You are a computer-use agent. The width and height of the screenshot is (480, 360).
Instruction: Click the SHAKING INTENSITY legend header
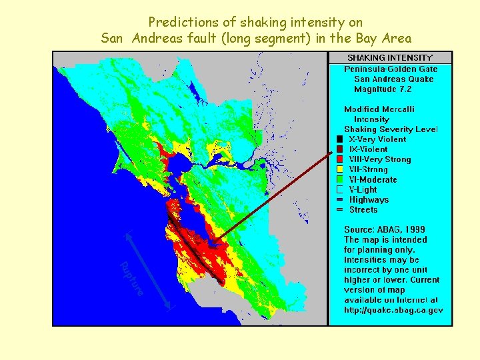390,58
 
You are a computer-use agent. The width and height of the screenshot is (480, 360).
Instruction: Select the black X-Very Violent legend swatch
340,139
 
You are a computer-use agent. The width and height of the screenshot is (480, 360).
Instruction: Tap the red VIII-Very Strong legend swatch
340,159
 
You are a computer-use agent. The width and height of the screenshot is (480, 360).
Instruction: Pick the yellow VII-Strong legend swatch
340,169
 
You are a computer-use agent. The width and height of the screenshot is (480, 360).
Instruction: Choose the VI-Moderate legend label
373,179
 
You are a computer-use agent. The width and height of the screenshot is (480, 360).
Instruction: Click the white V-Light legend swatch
340,189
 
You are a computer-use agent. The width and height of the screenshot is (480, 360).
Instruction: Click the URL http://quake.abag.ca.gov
393,310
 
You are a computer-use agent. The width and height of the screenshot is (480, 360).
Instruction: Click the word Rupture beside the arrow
131,279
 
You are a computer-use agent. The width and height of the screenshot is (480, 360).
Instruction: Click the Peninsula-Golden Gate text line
391,69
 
